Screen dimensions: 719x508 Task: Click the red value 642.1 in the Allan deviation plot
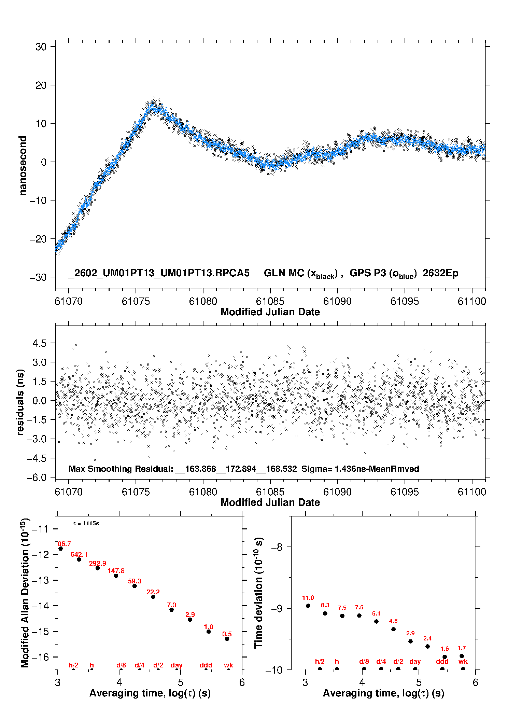click(x=79, y=554)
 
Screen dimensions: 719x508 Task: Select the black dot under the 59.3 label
click(x=135, y=586)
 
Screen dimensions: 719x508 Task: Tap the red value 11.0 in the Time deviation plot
click(x=308, y=598)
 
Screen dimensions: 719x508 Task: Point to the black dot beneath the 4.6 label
click(x=393, y=629)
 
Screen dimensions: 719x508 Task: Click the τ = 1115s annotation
click(x=86, y=523)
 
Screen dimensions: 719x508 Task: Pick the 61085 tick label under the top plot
click(x=270, y=301)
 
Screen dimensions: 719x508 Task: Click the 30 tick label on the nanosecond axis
click(x=41, y=47)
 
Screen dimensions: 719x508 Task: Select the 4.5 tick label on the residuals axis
click(x=39, y=343)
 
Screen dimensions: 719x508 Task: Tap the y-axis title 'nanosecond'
click(x=23, y=166)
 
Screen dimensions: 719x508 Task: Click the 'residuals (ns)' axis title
click(x=20, y=402)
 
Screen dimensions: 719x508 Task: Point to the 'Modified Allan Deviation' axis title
click(x=25, y=593)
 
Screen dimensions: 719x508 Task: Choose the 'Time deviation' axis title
click(x=258, y=593)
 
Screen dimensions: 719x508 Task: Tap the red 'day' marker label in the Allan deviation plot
click(x=177, y=665)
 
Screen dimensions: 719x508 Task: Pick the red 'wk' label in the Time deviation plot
click(x=463, y=661)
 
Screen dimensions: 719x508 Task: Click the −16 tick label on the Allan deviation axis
click(x=40, y=657)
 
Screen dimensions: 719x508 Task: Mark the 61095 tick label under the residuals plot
click(x=405, y=492)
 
